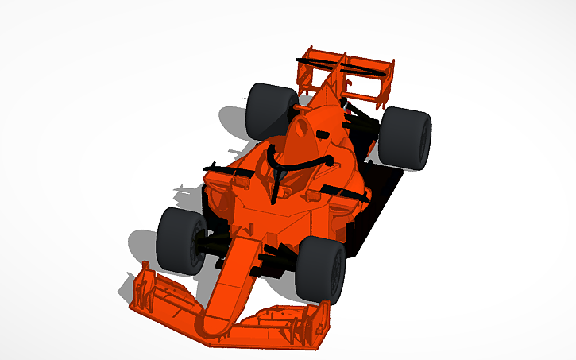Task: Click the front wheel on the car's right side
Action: pyautogui.click(x=179, y=241)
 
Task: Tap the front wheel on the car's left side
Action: pyautogui.click(x=321, y=270)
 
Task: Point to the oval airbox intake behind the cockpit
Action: pyautogui.click(x=300, y=128)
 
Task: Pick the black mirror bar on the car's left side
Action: pyautogui.click(x=342, y=191)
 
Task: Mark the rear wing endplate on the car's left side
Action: pyautogui.click(x=389, y=79)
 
